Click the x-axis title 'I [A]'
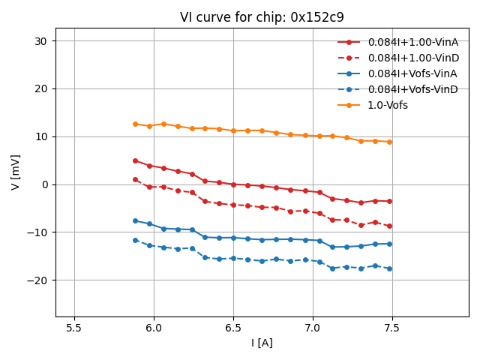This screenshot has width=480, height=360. pos(262,343)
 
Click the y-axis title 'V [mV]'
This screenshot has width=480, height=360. pos(16,172)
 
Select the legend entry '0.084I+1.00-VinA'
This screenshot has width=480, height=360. pos(412,42)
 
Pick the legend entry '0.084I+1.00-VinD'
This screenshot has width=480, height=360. pos(413,58)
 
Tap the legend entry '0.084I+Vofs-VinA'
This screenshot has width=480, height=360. pos(412,73)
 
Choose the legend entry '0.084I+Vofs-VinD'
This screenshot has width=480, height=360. pos(412,89)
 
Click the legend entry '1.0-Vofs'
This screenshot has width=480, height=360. pos(388,105)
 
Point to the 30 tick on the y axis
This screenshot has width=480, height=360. pos(41,40)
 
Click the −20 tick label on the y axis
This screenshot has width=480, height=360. pos(37,280)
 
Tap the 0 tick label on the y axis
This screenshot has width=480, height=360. pos(44,184)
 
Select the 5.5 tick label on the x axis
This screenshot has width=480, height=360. pos(74,328)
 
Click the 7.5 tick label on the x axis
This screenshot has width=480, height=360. pos(391,328)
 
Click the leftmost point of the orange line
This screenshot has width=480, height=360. pos(135,124)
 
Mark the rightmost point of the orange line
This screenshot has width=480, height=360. pos(389,142)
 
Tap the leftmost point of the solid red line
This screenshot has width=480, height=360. pos(135,160)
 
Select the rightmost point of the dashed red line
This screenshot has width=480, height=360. pos(389,226)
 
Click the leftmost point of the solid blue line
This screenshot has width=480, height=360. pos(135,220)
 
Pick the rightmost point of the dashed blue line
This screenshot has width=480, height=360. pos(389,268)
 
